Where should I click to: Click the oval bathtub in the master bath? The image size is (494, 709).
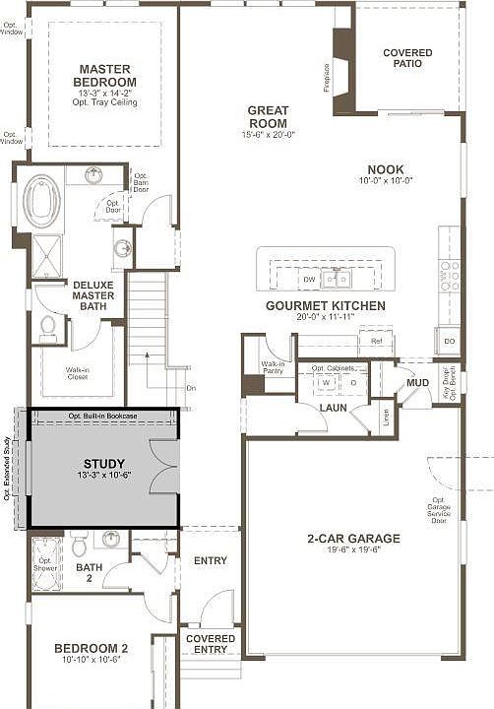42,199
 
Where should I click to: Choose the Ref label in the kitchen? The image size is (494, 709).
376,341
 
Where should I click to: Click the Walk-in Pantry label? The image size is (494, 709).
273,366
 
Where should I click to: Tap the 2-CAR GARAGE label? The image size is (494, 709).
352,539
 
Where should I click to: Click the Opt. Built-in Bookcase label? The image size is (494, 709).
105,418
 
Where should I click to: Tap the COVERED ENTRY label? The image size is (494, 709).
211,644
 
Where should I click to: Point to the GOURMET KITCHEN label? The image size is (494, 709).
325,306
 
